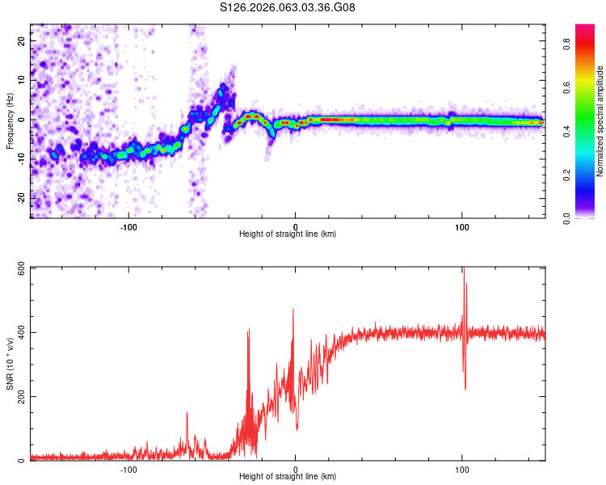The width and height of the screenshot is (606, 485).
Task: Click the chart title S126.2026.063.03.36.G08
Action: pyautogui.click(x=288, y=9)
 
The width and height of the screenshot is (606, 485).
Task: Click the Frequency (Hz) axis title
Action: pyautogui.click(x=10, y=120)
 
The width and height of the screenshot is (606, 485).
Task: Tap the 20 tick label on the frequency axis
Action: pyautogui.click(x=22, y=40)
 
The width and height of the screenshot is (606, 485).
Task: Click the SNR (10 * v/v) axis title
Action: pyautogui.click(x=10, y=364)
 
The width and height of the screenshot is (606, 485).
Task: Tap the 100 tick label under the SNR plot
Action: pyautogui.click(x=462, y=470)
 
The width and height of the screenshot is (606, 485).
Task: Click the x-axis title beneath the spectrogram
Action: pyautogui.click(x=288, y=234)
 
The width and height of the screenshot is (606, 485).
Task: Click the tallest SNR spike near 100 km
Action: pyautogui.click(x=464, y=270)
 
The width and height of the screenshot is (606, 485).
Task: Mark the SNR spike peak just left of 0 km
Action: pyautogui.click(x=293, y=310)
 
